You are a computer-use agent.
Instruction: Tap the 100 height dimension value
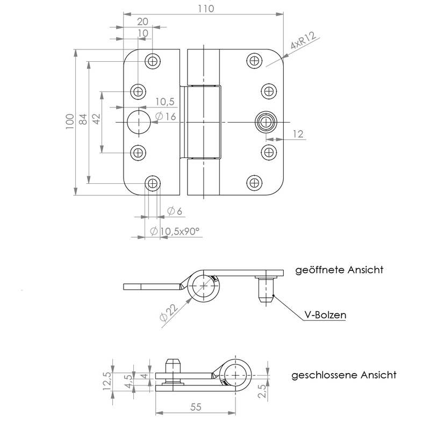[68, 122]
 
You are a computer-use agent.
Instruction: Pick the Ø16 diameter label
[166, 117]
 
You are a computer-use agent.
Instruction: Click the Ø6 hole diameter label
[175, 211]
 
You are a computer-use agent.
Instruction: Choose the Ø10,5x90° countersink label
[175, 231]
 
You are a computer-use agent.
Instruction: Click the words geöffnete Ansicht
[339, 270]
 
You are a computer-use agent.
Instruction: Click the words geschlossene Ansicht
[344, 375]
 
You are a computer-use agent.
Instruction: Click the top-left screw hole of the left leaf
[154, 60]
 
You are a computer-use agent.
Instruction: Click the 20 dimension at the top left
[142, 21]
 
